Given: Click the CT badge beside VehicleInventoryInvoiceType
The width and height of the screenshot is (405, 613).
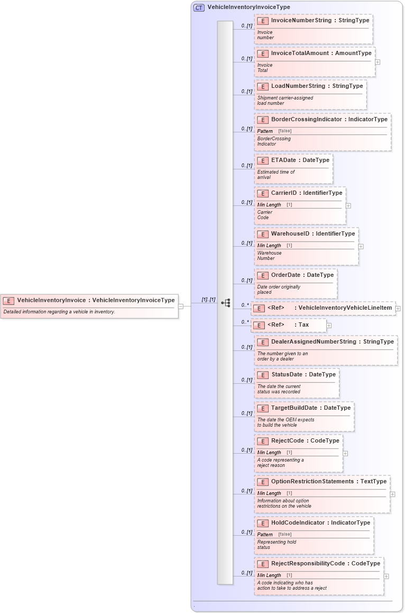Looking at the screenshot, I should (199, 7).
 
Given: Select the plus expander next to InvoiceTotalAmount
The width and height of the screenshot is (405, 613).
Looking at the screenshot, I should (378, 62).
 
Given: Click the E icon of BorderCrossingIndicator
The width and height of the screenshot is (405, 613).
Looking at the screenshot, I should (263, 120).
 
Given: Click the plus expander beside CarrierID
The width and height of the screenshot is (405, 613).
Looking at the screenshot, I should (348, 205).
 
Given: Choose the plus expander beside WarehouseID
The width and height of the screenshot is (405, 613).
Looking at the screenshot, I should (361, 246).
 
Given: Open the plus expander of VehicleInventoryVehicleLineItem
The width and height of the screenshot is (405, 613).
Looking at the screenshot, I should (398, 309).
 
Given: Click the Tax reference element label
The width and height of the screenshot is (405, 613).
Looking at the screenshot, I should (303, 325).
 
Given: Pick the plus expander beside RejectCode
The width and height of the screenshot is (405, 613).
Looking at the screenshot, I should (345, 453).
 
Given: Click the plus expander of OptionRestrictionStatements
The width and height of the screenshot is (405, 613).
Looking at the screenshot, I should (392, 494).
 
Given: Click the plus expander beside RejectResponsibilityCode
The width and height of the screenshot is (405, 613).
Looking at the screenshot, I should (386, 576).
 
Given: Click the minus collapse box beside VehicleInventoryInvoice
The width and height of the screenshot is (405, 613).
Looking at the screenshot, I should (181, 305).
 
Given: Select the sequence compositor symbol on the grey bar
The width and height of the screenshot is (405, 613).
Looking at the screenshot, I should (226, 303).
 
